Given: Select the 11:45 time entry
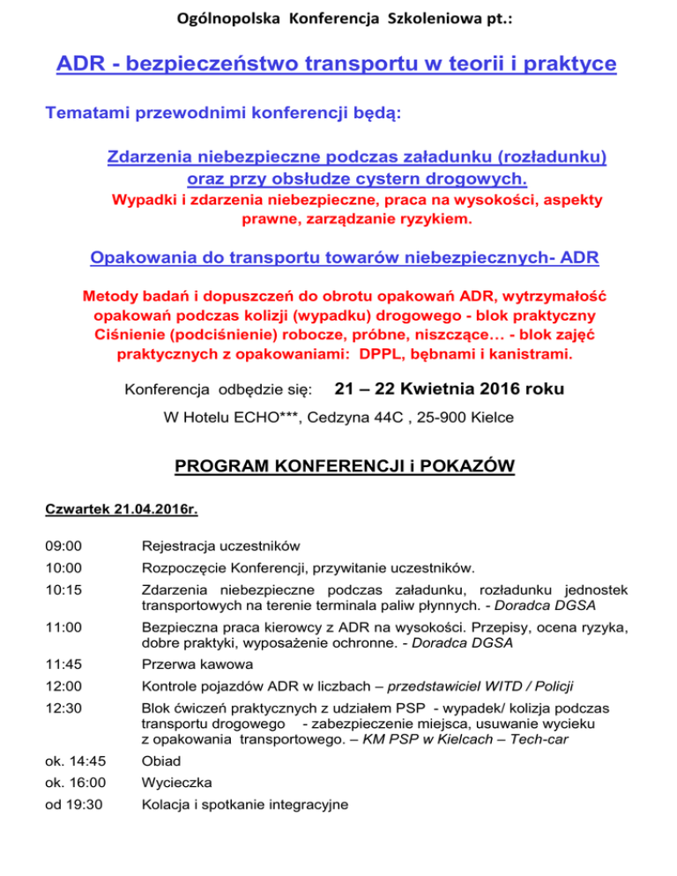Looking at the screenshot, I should (x=62, y=664).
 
